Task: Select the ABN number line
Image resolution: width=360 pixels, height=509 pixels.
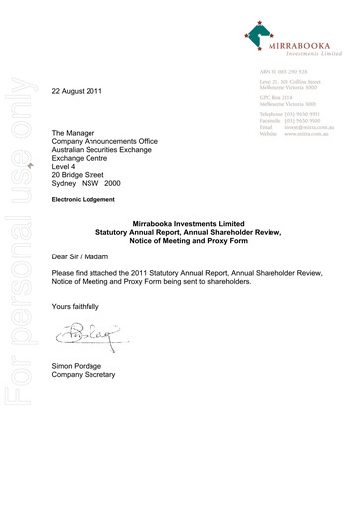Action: [285, 74]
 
